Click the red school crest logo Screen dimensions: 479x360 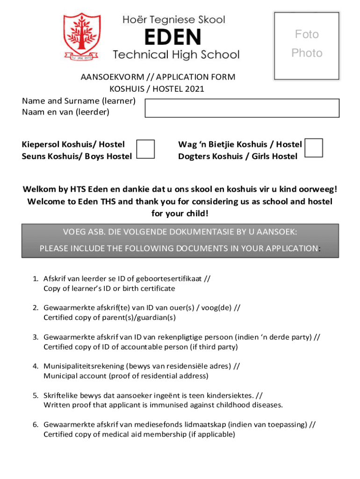[82, 37]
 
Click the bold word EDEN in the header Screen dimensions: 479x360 [173, 37]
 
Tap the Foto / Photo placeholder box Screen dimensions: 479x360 [307, 45]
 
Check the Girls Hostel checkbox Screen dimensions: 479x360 [313, 148]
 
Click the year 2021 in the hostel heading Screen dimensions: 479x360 [193, 89]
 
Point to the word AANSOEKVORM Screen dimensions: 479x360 [110, 77]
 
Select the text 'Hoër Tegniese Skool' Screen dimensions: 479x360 [173, 20]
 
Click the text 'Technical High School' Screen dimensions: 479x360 [176, 55]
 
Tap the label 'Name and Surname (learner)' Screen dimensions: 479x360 [79, 101]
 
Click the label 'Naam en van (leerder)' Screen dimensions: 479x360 [65, 112]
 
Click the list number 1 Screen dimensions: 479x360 [35, 279]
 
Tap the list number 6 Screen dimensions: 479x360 [35, 425]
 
